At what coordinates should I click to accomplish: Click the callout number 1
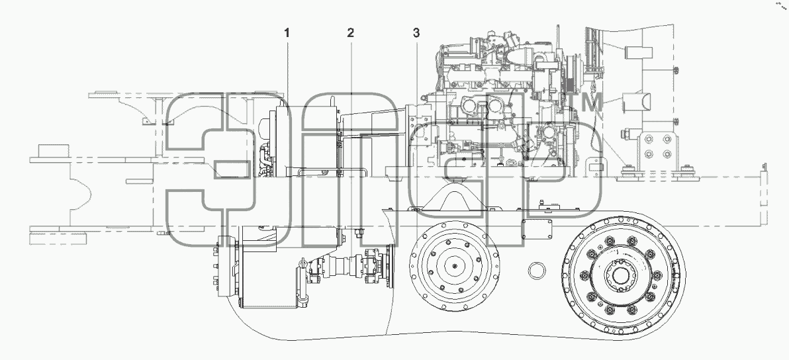287,33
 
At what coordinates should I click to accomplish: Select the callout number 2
350,33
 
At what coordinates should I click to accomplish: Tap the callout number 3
416,33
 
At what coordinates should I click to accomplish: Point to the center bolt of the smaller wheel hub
455,267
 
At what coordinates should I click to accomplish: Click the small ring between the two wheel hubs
537,271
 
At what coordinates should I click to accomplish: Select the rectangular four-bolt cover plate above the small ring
537,228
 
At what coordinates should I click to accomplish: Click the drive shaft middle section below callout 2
343,263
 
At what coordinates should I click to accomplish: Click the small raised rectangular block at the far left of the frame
53,151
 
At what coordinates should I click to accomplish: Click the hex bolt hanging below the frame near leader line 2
360,233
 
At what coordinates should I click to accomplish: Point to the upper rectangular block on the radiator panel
638,53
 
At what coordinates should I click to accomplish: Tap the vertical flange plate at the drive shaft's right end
389,266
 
